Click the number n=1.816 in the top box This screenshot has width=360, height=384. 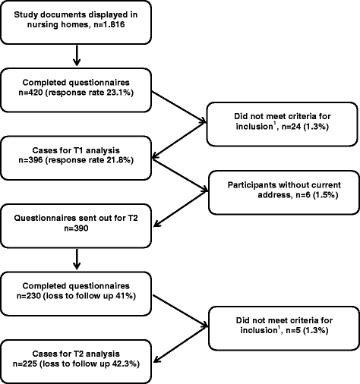coord(109,24)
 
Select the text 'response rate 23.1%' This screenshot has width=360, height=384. coord(90,93)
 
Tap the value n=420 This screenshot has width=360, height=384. coord(30,93)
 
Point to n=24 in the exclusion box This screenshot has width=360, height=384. coord(291,126)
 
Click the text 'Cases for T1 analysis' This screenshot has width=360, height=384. coord(76,150)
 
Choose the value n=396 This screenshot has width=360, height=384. coord(30,160)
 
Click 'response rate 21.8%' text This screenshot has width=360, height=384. coord(90,160)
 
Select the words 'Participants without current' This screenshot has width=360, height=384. coord(284,185)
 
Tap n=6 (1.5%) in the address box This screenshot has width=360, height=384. coord(317,195)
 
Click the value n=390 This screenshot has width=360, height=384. coord(76,228)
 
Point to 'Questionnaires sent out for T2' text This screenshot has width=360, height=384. coord(76,218)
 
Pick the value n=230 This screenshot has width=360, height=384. coord(29,296)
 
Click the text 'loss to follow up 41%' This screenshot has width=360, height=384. coord(90,296)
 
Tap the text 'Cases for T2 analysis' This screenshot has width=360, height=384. coord(76,354)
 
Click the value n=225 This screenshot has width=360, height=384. coord(25,364)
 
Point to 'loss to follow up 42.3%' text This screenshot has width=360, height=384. coord(90,364)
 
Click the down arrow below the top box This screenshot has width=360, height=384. coord(77,55)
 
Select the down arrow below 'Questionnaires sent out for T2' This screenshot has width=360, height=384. coord(77,259)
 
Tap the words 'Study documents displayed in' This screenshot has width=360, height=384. coord(76,14)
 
